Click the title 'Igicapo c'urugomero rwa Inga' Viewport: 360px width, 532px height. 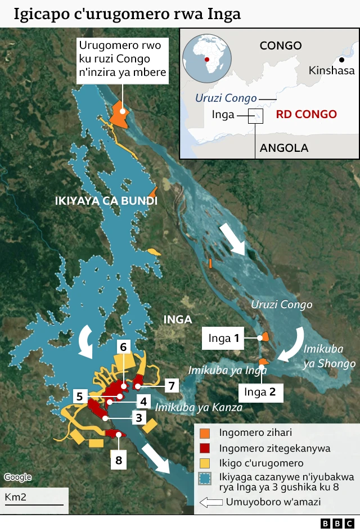pyautogui.click(x=127, y=13)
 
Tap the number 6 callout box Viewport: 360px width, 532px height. pyautogui.click(x=123, y=346)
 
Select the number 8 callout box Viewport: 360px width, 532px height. pyautogui.click(x=118, y=460)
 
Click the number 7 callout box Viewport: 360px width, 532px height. pyautogui.click(x=172, y=386)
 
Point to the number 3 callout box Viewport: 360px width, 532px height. pyautogui.click(x=138, y=417)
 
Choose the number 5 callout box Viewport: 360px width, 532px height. pyautogui.click(x=80, y=396)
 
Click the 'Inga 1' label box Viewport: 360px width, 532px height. pyautogui.click(x=224, y=338)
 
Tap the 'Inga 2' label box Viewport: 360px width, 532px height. pyautogui.click(x=261, y=392)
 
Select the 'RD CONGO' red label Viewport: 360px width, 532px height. pyautogui.click(x=306, y=114)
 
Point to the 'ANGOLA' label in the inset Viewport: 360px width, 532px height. pyautogui.click(x=283, y=148)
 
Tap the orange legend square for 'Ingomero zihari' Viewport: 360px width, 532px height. pyautogui.click(x=205, y=433)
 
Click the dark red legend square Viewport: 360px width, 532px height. pyautogui.click(x=205, y=448)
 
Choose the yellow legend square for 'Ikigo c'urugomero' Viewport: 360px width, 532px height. pyautogui.click(x=205, y=463)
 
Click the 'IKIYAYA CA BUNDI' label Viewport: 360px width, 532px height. pyautogui.click(x=106, y=201)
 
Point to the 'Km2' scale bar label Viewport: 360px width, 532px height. pyautogui.click(x=16, y=497)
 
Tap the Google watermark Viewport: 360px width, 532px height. pyautogui.click(x=17, y=477)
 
